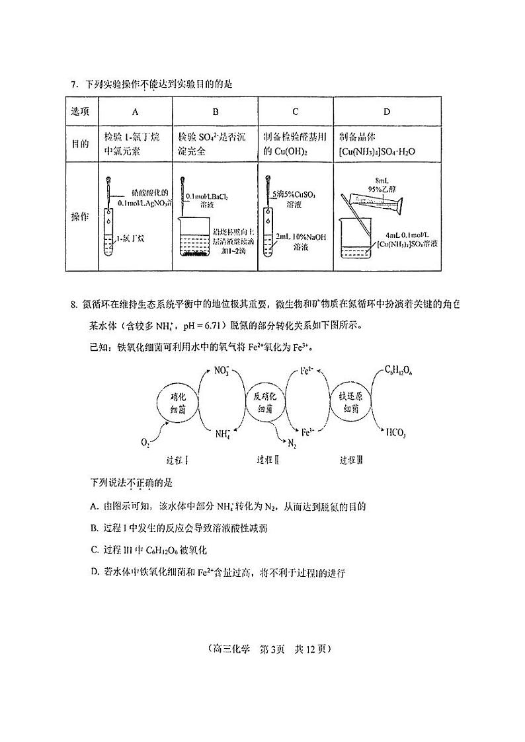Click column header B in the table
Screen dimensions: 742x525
(215, 111)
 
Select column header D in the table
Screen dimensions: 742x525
(387, 111)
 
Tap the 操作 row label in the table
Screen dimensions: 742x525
(80, 217)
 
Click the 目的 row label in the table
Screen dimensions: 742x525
(80, 143)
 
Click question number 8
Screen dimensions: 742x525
(74, 305)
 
